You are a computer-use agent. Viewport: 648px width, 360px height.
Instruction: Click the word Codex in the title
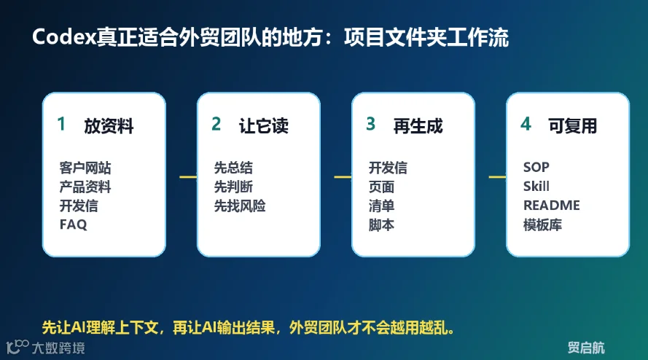(64, 37)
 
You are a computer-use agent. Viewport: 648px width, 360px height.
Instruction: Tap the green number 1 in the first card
(61, 124)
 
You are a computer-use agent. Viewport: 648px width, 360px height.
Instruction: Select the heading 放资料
(109, 126)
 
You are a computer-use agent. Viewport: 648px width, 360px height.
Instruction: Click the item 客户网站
(85, 168)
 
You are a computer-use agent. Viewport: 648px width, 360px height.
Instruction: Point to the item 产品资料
(85, 187)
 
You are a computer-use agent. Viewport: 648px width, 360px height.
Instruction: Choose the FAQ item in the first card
(73, 224)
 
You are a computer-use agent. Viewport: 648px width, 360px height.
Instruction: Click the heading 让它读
(263, 126)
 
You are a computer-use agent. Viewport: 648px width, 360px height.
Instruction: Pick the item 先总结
(233, 168)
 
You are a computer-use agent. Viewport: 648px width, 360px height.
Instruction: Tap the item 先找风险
(240, 206)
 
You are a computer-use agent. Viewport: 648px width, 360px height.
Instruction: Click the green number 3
(371, 124)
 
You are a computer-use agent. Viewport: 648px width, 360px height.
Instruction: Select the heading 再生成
(418, 126)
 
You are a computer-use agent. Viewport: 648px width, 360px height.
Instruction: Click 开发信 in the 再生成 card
(388, 168)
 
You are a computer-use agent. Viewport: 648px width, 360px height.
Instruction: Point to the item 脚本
(381, 225)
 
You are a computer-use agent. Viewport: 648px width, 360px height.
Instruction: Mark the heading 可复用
(572, 126)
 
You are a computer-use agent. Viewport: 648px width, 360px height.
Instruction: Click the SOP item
(536, 167)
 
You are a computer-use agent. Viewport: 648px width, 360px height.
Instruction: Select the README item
(551, 205)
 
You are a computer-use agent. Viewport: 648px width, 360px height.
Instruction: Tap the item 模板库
(542, 225)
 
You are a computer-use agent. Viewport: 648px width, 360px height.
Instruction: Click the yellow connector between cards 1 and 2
(188, 177)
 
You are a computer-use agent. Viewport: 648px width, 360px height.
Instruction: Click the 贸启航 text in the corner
(586, 348)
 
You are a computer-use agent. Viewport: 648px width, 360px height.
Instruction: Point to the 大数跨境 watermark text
(58, 348)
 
